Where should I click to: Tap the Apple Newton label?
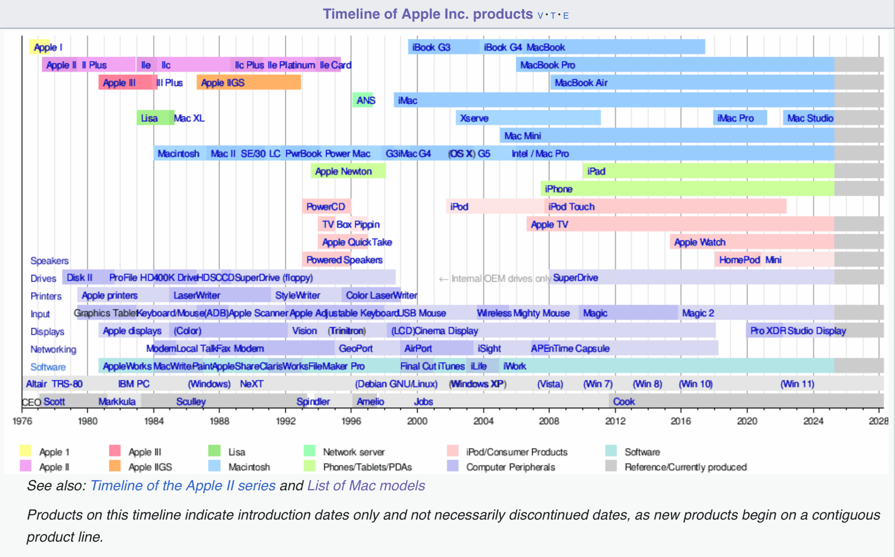pyautogui.click(x=343, y=171)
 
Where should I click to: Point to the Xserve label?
pyautogui.click(x=474, y=118)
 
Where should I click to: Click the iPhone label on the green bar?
pyautogui.click(x=558, y=189)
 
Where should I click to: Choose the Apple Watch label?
pyautogui.click(x=699, y=242)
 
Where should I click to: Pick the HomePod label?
pyautogui.click(x=739, y=260)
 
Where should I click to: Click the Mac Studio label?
pyautogui.click(x=810, y=118)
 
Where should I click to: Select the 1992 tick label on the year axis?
pyautogui.click(x=286, y=421)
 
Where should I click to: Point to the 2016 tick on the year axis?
pyautogui.click(x=681, y=421)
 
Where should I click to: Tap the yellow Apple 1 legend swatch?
pyautogui.click(x=25, y=451)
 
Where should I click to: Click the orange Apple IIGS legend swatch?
pyautogui.click(x=115, y=466)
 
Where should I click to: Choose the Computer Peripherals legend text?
pyautogui.click(x=511, y=467)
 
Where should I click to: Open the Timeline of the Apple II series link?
pyautogui.click(x=183, y=486)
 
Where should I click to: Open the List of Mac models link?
pyautogui.click(x=366, y=486)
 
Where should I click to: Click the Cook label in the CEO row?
pyautogui.click(x=624, y=402)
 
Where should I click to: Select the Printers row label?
pyautogui.click(x=46, y=296)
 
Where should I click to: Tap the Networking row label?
pyautogui.click(x=53, y=349)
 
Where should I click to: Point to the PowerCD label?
pyautogui.click(x=325, y=207)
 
